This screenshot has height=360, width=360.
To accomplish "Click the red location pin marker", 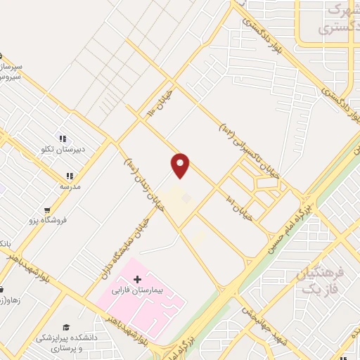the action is (181, 166).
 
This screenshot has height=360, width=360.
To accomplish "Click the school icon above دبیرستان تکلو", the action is (62, 139).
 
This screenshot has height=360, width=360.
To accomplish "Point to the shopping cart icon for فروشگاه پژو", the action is (47, 210).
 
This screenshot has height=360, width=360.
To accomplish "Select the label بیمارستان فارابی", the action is (137, 290).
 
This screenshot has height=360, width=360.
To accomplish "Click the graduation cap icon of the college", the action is (66, 328).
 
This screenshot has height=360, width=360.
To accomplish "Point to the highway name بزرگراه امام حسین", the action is (285, 229).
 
